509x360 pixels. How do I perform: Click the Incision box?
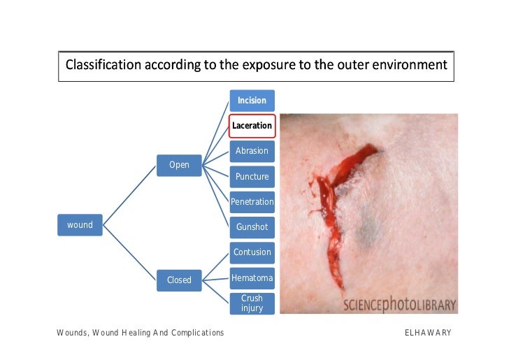252,101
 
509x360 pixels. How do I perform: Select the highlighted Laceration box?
252,126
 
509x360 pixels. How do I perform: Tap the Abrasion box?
252,151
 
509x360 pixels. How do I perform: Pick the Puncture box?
252,176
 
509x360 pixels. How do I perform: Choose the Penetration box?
252,202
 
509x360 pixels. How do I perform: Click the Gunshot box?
252,227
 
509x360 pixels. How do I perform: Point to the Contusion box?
252,252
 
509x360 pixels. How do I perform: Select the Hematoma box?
252,278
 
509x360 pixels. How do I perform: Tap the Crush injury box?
252,303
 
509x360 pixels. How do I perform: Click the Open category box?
179,165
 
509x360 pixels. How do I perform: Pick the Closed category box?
179,280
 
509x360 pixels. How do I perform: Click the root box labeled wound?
80,225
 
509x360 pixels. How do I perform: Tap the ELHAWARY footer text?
428,333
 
